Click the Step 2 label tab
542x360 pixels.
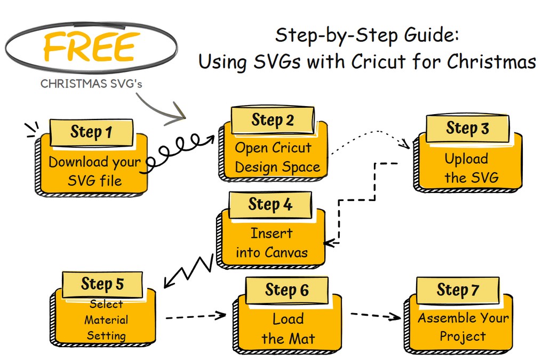click(x=273, y=119)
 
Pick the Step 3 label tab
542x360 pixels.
click(x=467, y=128)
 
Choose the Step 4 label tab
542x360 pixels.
click(x=270, y=204)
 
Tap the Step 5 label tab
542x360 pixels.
click(x=102, y=284)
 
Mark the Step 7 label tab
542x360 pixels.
click(x=458, y=290)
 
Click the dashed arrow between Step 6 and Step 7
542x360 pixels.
click(x=376, y=315)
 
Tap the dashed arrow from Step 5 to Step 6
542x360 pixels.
click(x=195, y=317)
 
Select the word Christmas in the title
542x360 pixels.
click(x=491, y=61)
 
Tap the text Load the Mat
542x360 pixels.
click(x=288, y=329)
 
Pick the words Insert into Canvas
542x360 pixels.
click(x=272, y=243)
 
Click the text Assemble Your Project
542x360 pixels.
click(x=463, y=327)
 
